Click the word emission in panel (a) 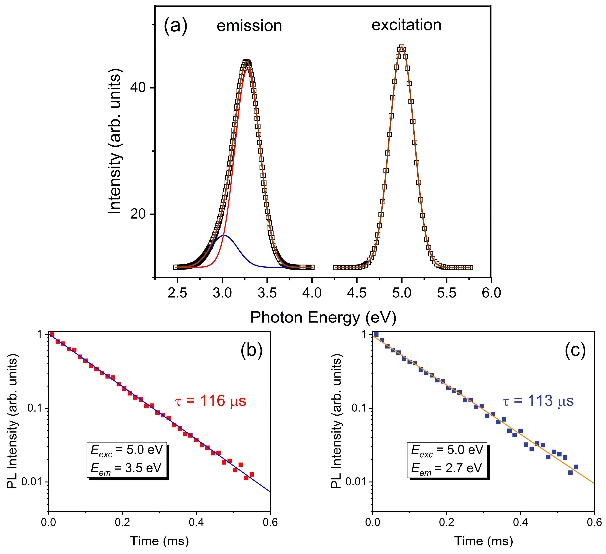click(249, 26)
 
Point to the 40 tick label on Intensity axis click(138, 88)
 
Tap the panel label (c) click(575, 350)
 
